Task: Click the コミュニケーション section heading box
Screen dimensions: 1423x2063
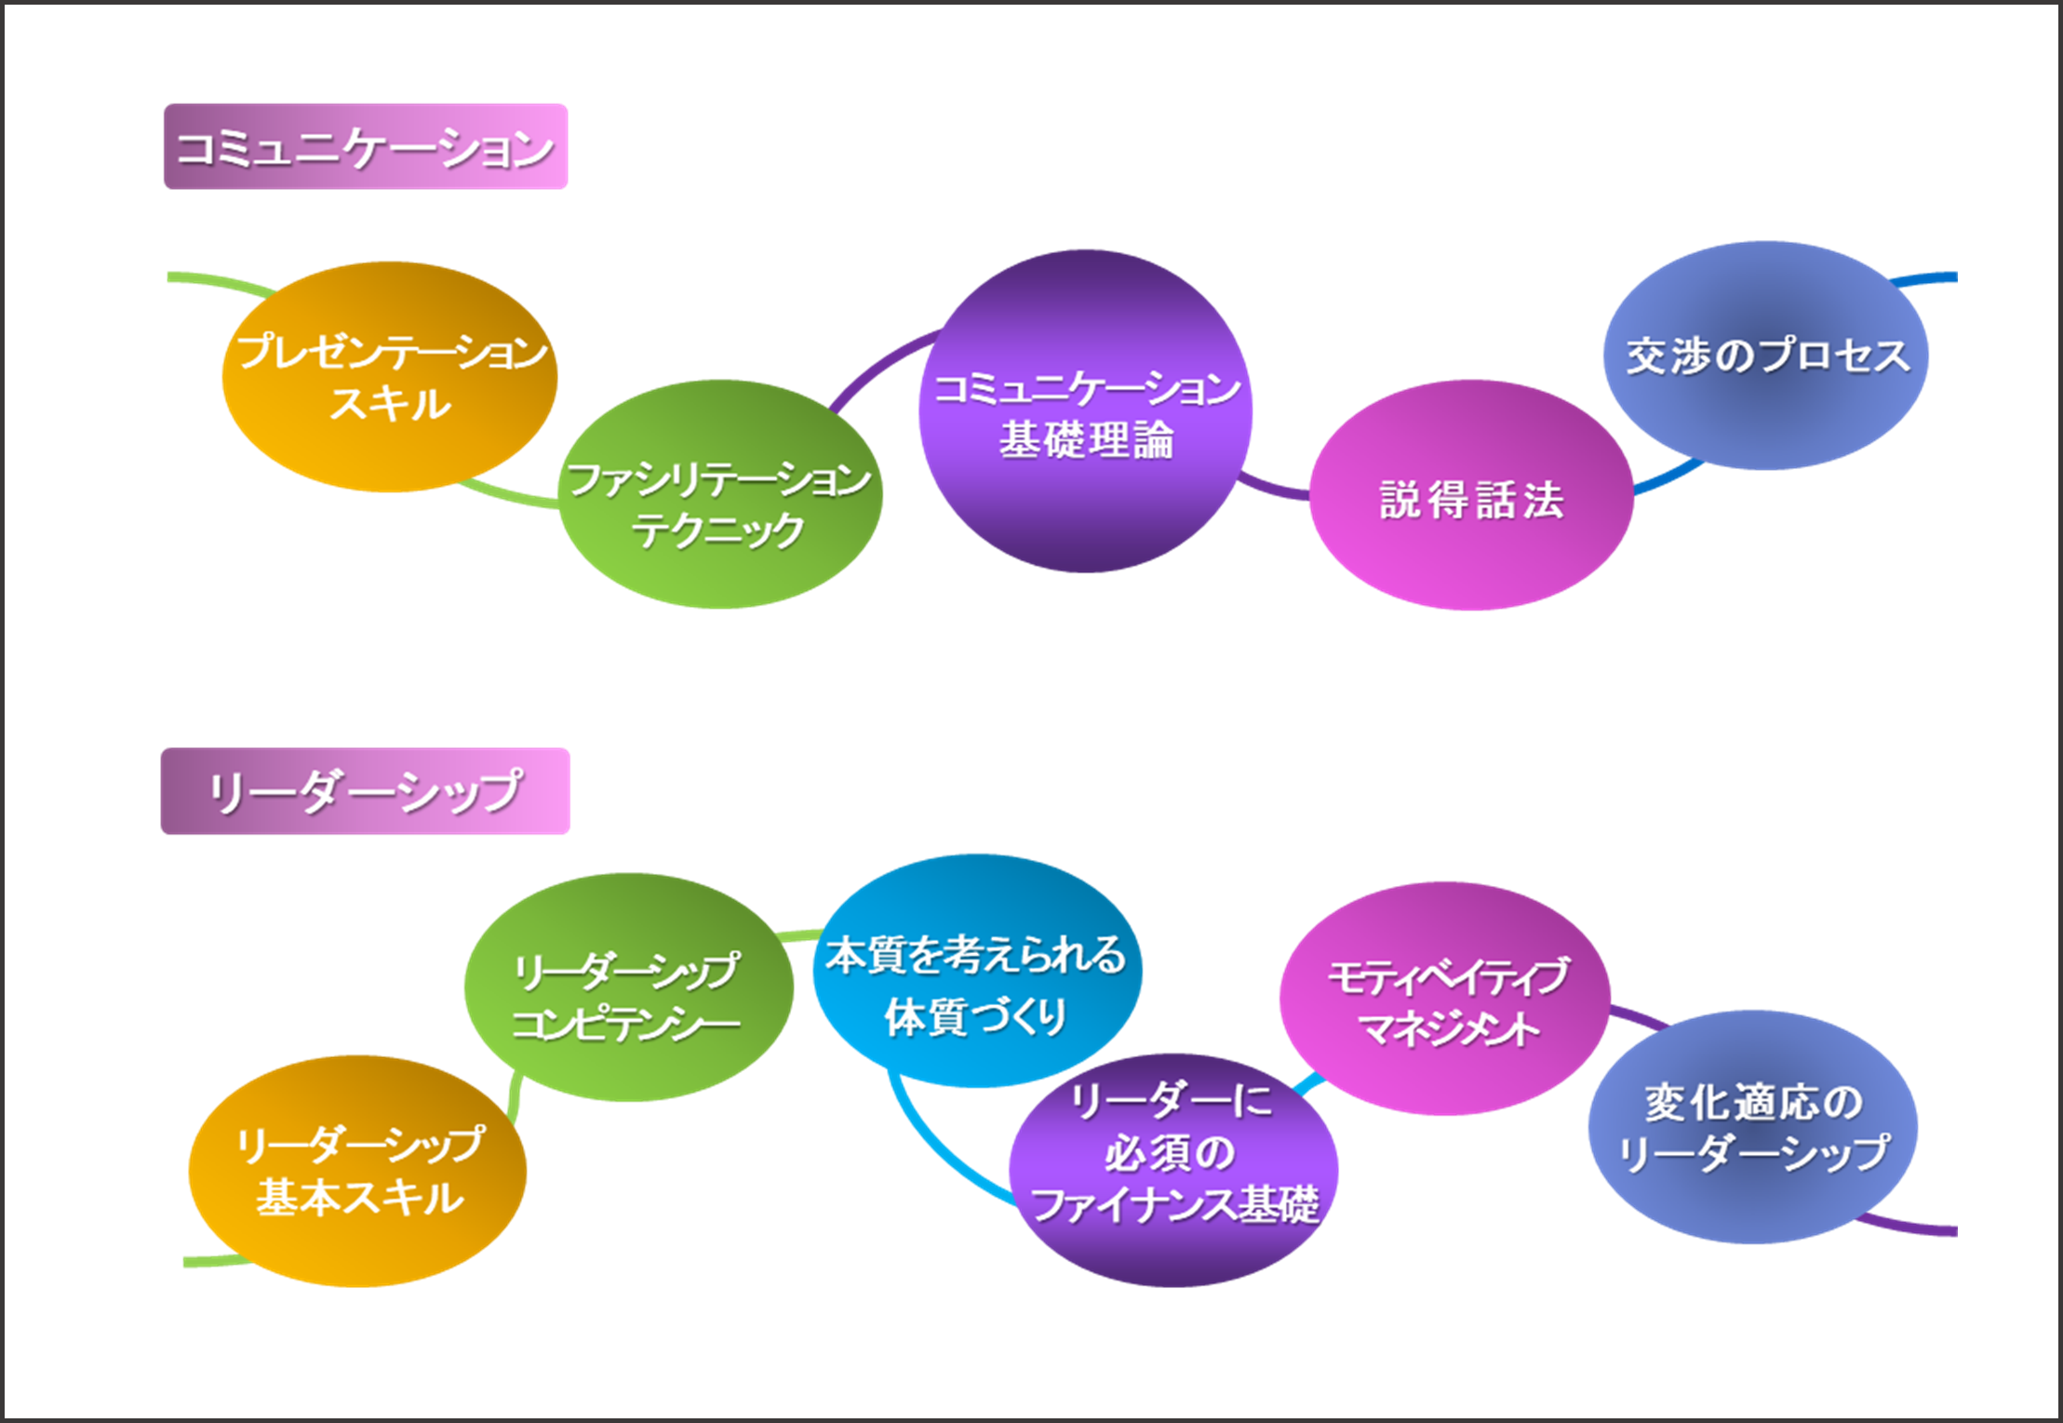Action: tap(365, 147)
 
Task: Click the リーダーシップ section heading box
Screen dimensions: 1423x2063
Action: tap(365, 791)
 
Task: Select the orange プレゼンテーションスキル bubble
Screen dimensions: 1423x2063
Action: tap(389, 376)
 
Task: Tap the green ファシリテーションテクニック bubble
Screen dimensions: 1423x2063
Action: tap(719, 495)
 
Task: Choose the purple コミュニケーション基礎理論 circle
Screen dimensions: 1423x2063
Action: tap(1085, 411)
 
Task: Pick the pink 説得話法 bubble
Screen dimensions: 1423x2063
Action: tap(1471, 495)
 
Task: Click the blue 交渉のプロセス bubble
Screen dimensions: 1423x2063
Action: tap(1765, 356)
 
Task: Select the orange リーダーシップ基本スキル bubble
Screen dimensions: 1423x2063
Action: tap(357, 1171)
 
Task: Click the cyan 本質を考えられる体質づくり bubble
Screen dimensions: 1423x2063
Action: tap(977, 972)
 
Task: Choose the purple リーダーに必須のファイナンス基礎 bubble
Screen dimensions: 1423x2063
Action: tap(1172, 1171)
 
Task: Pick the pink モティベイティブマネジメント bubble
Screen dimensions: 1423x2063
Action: tap(1444, 998)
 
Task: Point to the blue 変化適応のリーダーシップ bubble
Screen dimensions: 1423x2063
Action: tap(1752, 1126)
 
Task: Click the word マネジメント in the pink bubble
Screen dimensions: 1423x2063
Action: tap(1448, 1029)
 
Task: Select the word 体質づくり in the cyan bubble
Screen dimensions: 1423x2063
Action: tap(975, 1016)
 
